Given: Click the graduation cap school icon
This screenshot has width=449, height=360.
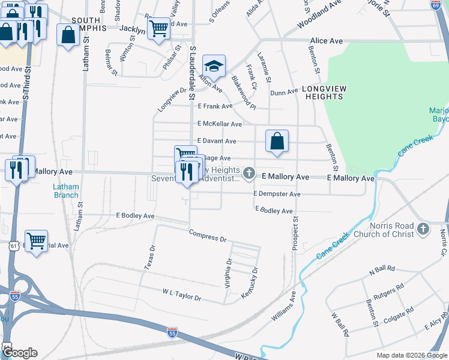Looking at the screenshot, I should (x=214, y=65).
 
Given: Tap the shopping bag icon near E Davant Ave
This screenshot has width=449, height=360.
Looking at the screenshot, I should (x=277, y=142).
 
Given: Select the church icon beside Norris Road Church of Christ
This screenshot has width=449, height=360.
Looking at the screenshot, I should (x=423, y=229).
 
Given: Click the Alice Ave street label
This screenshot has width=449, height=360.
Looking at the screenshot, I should (x=326, y=41).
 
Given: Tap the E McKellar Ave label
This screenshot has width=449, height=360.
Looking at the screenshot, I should (x=220, y=124).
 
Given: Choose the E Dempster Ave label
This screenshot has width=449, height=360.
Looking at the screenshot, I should (x=276, y=194).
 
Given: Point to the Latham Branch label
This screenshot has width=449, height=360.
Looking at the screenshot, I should (x=66, y=191).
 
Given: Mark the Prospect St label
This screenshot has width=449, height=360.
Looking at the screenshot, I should (x=295, y=234).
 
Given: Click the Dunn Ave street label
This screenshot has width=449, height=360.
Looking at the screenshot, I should (x=284, y=92).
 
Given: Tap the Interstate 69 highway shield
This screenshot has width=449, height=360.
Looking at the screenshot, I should (x=435, y=5).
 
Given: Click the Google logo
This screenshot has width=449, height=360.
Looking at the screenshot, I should (x=19, y=353).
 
